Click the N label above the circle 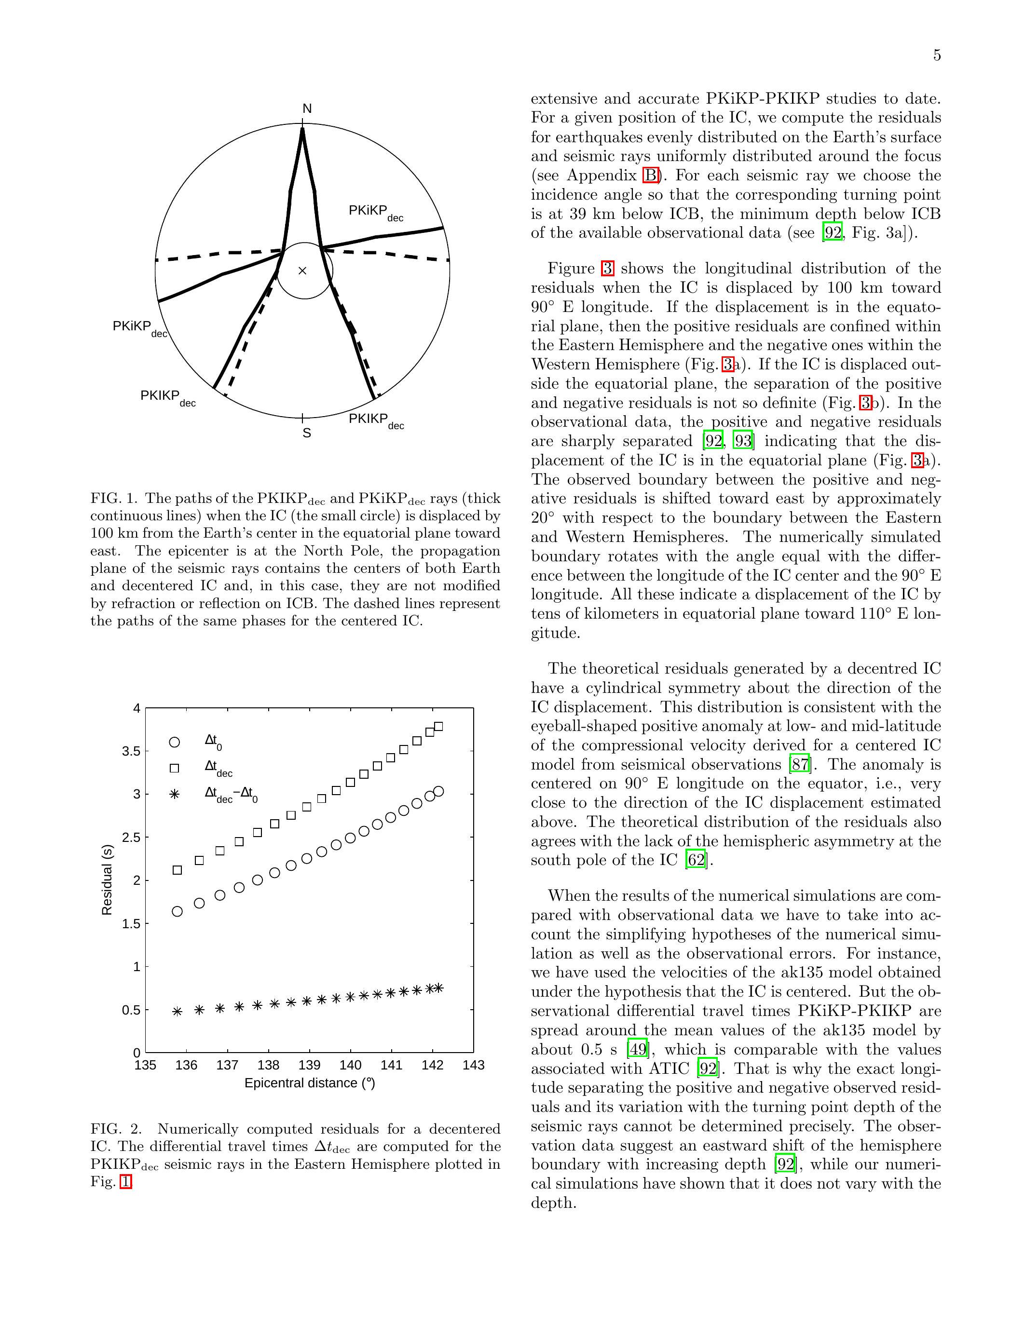[307, 108]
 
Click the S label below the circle [307, 433]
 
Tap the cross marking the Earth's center [302, 271]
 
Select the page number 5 [937, 56]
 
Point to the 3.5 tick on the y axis [131, 752]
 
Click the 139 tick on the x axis [309, 1065]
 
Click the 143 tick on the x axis [474, 1065]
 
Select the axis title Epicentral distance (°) [310, 1083]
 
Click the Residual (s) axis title [108, 880]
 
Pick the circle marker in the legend [174, 742]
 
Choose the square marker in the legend [174, 768]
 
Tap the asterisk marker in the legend [174, 794]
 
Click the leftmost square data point [178, 870]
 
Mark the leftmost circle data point [178, 911]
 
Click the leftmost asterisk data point [178, 1012]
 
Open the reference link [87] [799, 764]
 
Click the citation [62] [696, 860]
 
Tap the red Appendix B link [650, 176]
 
